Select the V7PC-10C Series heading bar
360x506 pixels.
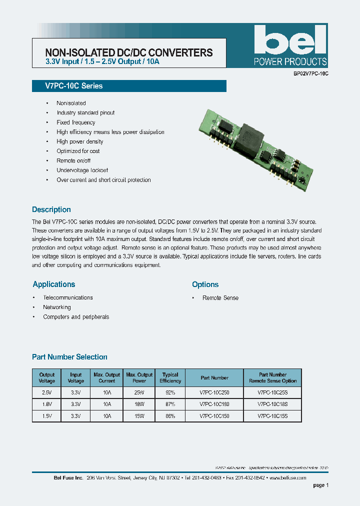pyautogui.click(x=129, y=86)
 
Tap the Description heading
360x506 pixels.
pyautogui.click(x=51, y=209)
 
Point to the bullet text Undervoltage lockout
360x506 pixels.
pyautogui.click(x=82, y=170)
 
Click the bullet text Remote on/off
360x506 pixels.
pyautogui.click(x=73, y=161)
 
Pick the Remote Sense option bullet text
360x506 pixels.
pyautogui.click(x=220, y=298)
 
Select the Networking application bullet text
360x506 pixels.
pyautogui.click(x=57, y=307)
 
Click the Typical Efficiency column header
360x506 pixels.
pyautogui.click(x=170, y=377)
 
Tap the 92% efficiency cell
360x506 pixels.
pyautogui.click(x=170, y=392)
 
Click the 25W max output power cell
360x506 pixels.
pyautogui.click(x=139, y=392)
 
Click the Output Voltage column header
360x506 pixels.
pyautogui.click(x=47, y=377)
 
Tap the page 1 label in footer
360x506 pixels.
pyautogui.click(x=320, y=485)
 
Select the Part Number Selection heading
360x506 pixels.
pyautogui.click(x=69, y=357)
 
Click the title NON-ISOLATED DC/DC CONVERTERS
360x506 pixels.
pyautogui.click(x=129, y=52)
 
